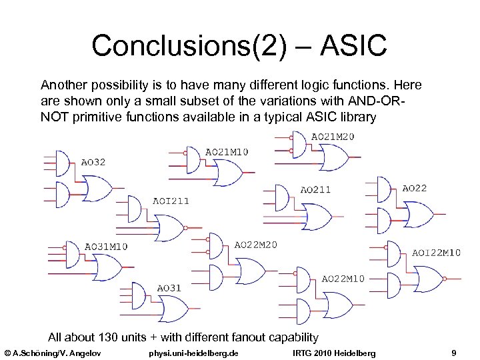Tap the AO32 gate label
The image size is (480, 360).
click(93, 162)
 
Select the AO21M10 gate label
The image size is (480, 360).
click(227, 152)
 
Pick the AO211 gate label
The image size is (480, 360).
click(315, 189)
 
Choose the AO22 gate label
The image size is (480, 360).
click(415, 189)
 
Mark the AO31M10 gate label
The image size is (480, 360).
click(106, 246)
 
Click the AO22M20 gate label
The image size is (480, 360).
click(256, 245)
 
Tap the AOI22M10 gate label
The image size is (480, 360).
click(436, 253)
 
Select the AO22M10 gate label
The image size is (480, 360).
click(343, 279)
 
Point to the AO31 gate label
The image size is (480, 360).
click(169, 288)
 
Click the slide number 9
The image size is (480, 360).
click(453, 352)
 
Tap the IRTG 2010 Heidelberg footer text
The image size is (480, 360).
click(334, 352)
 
